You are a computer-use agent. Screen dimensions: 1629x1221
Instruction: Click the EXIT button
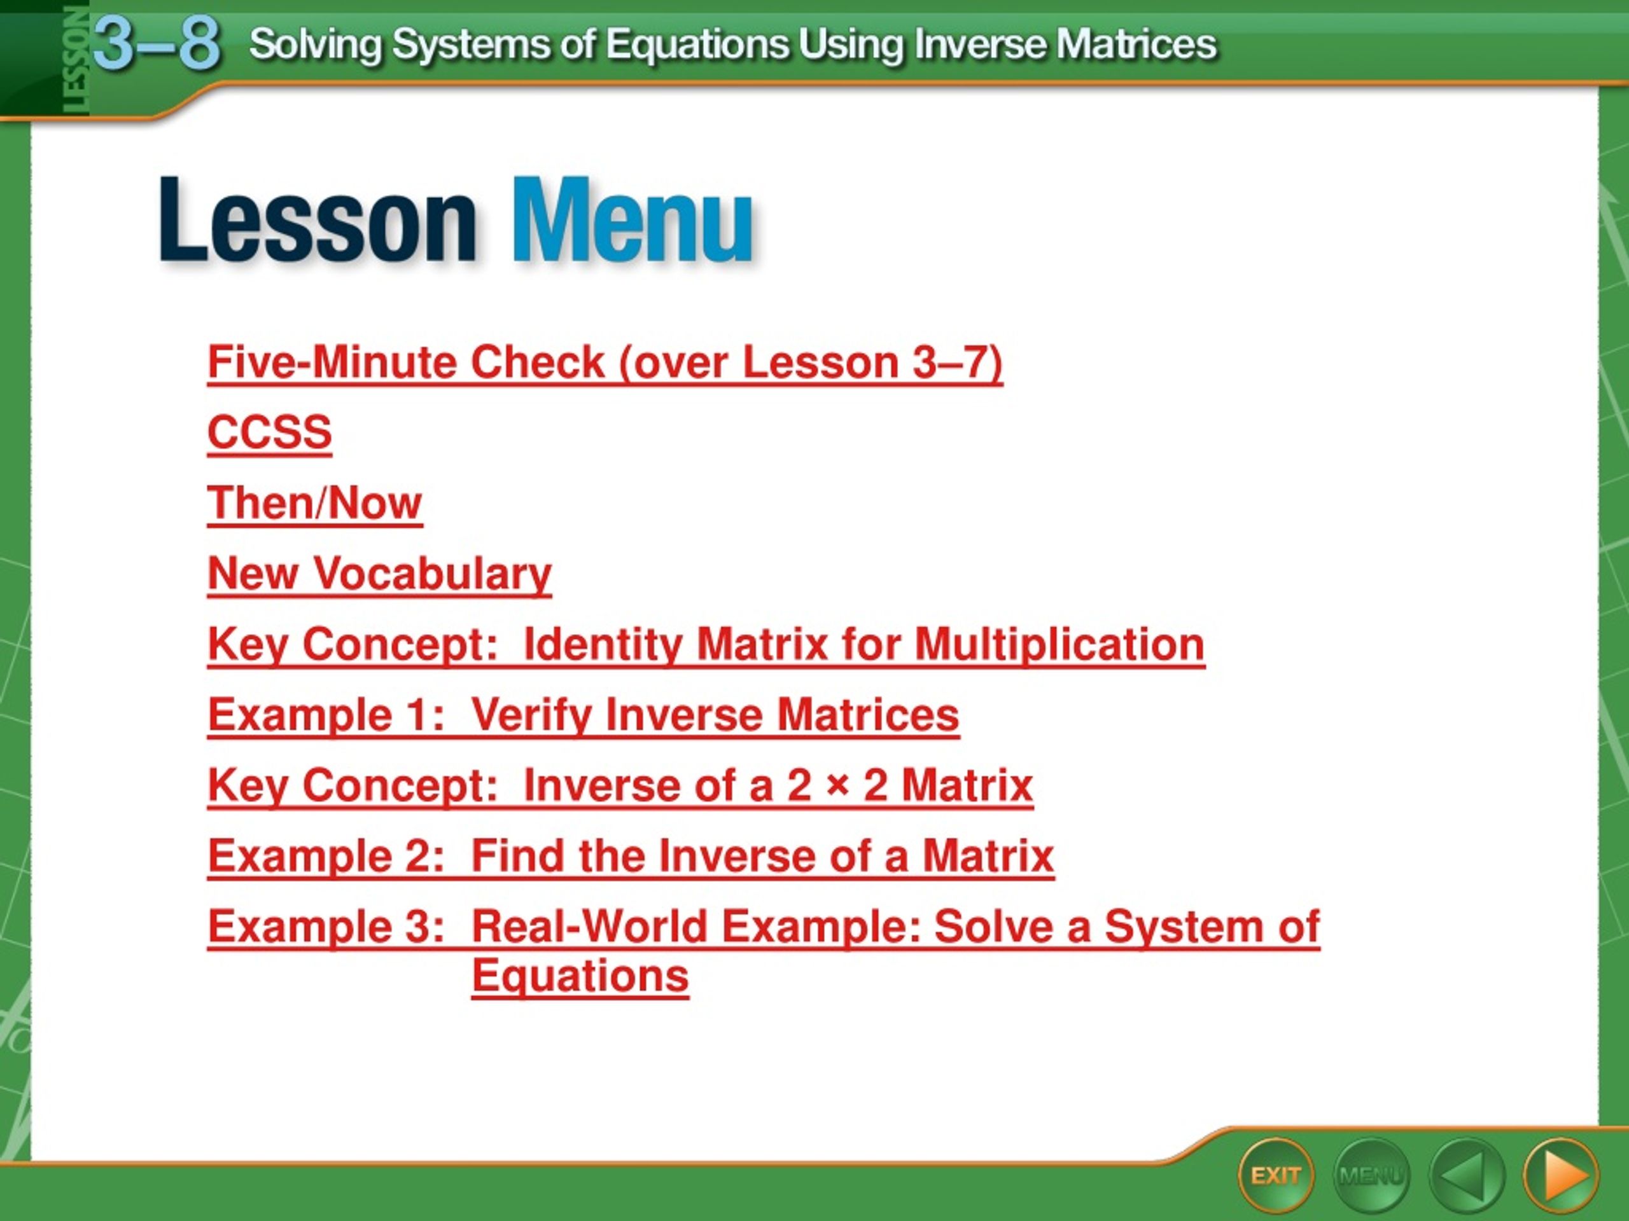pos(1275,1175)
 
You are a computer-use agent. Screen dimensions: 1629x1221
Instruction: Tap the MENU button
pos(1371,1175)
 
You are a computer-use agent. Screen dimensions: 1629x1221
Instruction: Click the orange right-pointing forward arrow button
pos(1560,1175)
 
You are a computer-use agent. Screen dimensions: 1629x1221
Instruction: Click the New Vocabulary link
pos(380,574)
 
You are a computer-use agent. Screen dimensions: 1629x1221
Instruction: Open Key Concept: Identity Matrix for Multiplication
pos(706,644)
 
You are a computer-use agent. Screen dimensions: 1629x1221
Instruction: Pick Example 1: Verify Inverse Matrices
pos(584,715)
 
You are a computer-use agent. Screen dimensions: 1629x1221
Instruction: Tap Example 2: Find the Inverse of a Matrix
pos(631,856)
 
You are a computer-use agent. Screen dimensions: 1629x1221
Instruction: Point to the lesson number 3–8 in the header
pos(157,43)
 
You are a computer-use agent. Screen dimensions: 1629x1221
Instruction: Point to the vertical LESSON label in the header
pos(76,60)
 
